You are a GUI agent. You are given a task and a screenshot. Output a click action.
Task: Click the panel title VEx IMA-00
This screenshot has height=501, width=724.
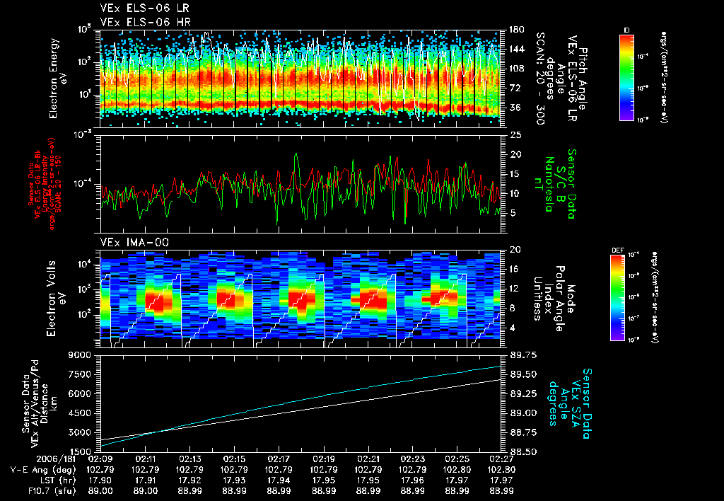[129, 243]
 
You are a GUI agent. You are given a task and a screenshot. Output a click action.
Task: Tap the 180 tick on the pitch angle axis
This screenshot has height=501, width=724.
[515, 30]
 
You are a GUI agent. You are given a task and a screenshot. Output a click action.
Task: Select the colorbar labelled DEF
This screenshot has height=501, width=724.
[616, 296]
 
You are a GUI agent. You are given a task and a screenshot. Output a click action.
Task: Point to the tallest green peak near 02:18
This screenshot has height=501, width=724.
[296, 154]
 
